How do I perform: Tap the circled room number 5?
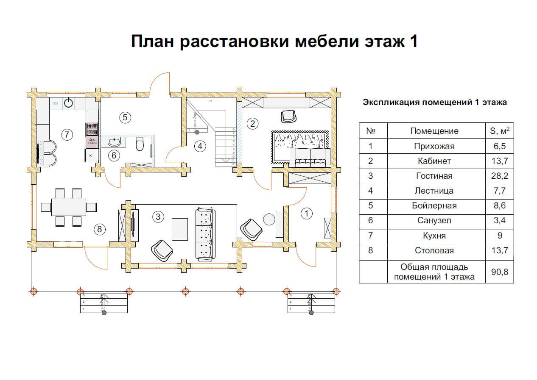(x=124, y=117)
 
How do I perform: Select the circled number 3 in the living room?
(x=158, y=217)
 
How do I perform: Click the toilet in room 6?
(x=139, y=145)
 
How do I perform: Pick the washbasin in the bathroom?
(x=114, y=141)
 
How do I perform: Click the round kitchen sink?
(x=69, y=103)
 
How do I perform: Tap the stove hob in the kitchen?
(x=92, y=128)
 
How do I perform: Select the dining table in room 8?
(x=68, y=207)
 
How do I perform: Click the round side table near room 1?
(x=269, y=219)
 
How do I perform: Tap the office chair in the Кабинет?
(x=288, y=115)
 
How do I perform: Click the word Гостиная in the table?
(x=434, y=176)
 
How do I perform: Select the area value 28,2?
(x=499, y=176)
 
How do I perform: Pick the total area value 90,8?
(x=499, y=272)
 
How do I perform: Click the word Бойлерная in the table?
(x=434, y=206)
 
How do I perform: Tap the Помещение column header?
(x=434, y=131)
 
